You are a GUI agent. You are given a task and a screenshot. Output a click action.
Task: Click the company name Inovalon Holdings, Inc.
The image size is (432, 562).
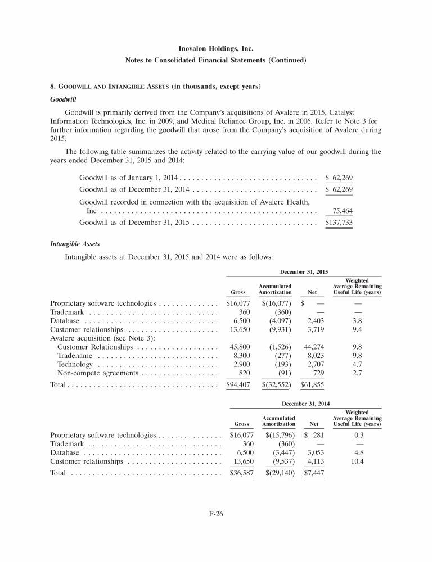click(x=215, y=49)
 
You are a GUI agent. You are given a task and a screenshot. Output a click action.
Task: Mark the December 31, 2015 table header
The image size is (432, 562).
click(x=304, y=272)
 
